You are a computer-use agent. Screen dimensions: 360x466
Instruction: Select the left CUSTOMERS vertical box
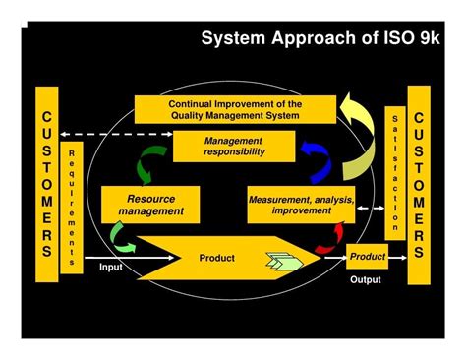[46, 185]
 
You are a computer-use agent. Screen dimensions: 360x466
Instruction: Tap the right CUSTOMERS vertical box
[419, 184]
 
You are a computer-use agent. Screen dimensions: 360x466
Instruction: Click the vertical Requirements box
[73, 208]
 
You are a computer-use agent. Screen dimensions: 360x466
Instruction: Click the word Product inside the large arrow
[216, 258]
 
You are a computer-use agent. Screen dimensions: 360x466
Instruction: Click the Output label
[366, 279]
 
